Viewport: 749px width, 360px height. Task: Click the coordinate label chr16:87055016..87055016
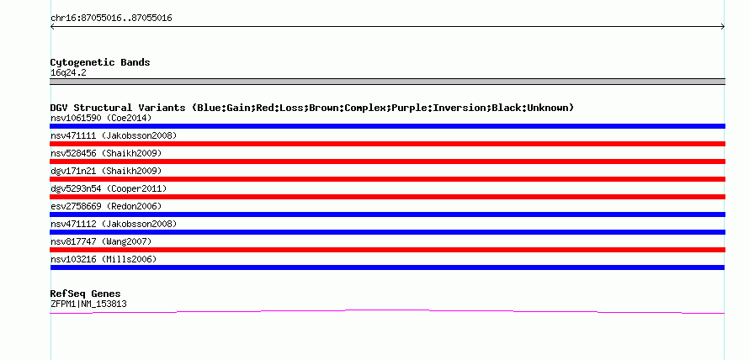pos(111,19)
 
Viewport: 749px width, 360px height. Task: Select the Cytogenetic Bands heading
pos(100,62)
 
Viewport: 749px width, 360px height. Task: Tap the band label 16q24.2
pos(68,73)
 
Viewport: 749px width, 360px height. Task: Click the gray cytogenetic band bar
pos(387,82)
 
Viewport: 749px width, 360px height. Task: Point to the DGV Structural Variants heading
pos(312,108)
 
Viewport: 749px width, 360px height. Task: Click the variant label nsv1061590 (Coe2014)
pos(101,118)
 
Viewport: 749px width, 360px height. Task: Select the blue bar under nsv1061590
pos(387,126)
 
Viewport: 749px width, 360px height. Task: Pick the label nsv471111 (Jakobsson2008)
pos(114,135)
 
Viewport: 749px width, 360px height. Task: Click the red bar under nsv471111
pos(387,144)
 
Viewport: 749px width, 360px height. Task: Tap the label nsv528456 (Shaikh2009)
pos(106,153)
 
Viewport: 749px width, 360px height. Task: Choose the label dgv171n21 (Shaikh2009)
pos(106,171)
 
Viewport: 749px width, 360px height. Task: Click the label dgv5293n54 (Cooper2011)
pos(109,188)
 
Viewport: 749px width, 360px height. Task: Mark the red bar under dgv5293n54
pos(387,197)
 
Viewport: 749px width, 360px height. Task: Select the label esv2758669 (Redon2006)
pos(106,206)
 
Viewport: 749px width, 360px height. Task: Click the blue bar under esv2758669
pos(387,214)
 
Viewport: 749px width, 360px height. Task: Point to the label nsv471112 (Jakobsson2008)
pos(114,224)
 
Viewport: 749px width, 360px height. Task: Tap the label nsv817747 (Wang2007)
pos(101,241)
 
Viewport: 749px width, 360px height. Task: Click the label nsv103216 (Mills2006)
pos(104,259)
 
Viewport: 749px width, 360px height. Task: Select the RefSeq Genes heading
pos(86,294)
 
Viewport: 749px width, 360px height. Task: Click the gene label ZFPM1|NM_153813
pos(88,304)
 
